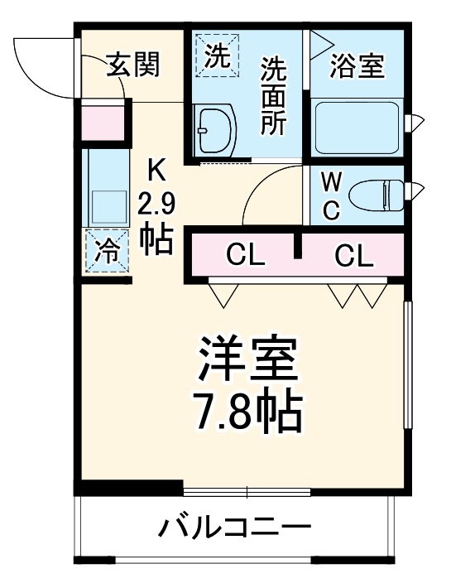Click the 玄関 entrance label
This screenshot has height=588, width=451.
coord(132,64)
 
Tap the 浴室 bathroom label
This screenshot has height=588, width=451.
coord(357,66)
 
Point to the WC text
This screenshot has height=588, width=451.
coord(330,196)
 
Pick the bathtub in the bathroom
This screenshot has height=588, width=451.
coord(357,126)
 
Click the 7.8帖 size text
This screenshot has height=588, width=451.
coord(246,411)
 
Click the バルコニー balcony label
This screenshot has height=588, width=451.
coord(236,527)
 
